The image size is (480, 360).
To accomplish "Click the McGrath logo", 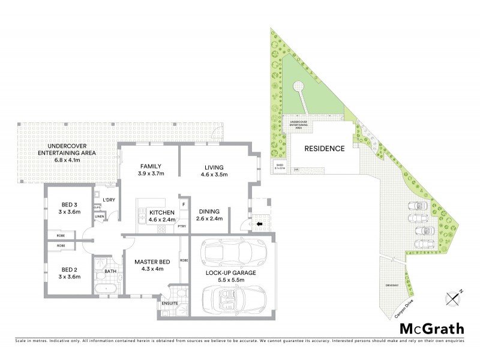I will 431,328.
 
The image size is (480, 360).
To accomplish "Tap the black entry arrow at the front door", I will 259,224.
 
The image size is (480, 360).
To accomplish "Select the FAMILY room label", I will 152,169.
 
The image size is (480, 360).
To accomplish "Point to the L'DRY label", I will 109,199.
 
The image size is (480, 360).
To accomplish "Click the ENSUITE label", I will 170,304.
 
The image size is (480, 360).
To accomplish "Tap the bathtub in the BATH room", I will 108,289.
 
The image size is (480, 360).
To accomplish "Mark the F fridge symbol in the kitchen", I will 184,205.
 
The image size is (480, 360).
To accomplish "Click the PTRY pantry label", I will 182,226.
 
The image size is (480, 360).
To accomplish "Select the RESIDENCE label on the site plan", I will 324,149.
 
